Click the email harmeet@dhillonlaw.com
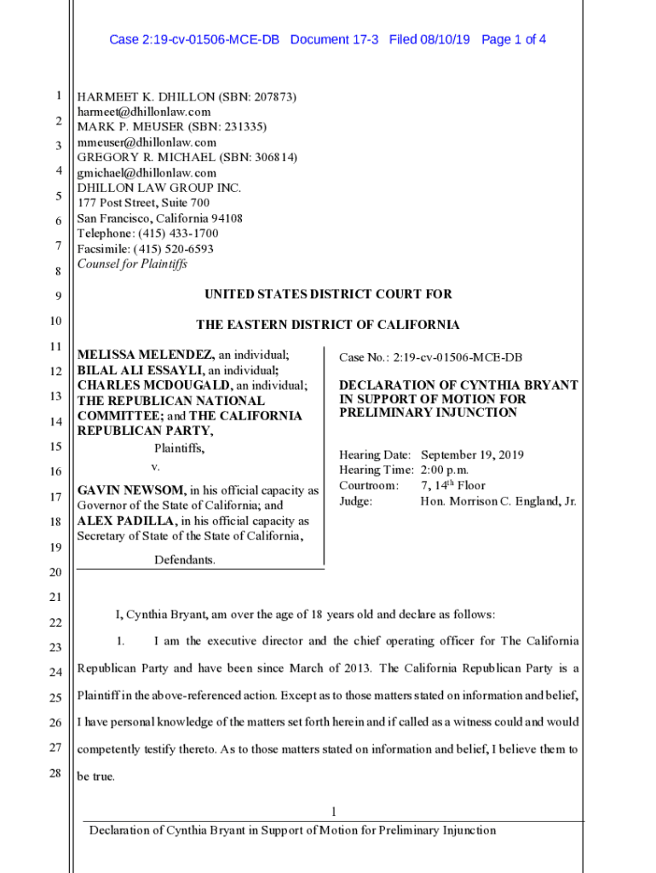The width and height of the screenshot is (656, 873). pyautogui.click(x=143, y=112)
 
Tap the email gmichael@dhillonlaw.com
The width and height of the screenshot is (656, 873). pyautogui.click(x=147, y=173)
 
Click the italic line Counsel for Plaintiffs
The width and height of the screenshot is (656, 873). pyautogui.click(x=132, y=264)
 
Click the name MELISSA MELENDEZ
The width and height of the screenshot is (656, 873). pyautogui.click(x=145, y=355)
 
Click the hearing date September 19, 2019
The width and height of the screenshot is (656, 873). pyautogui.click(x=472, y=455)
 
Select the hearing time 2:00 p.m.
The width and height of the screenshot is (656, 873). pyautogui.click(x=445, y=471)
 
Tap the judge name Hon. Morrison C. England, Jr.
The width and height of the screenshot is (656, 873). pyautogui.click(x=498, y=501)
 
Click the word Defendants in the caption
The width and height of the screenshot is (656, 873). pyautogui.click(x=184, y=560)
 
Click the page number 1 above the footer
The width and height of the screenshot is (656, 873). pyautogui.click(x=335, y=811)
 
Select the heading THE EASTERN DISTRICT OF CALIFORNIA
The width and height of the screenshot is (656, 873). pyautogui.click(x=328, y=325)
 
